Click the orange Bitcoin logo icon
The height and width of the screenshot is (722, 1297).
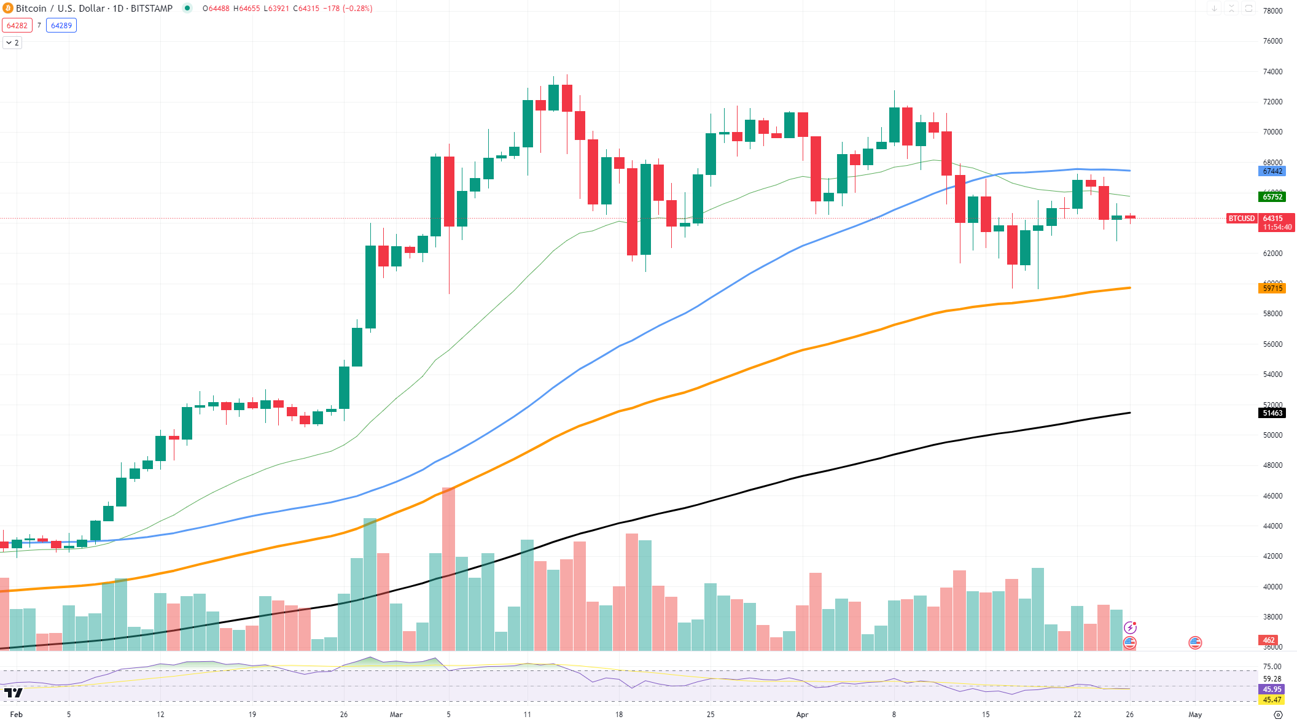pyautogui.click(x=8, y=9)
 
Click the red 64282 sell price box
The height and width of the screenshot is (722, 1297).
pyautogui.click(x=17, y=26)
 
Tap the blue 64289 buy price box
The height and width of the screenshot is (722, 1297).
pyautogui.click(x=61, y=26)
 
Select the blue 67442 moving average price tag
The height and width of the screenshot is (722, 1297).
pyautogui.click(x=1272, y=171)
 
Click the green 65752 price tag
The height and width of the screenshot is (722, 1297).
pyautogui.click(x=1272, y=197)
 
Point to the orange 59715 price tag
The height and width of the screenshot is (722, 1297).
pyautogui.click(x=1272, y=289)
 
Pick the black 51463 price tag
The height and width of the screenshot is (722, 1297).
pyautogui.click(x=1272, y=413)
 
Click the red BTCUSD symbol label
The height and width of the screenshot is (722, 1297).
pyautogui.click(x=1241, y=219)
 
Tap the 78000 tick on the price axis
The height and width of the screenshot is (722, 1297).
pyautogui.click(x=1272, y=11)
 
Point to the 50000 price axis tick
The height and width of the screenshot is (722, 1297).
pyautogui.click(x=1272, y=435)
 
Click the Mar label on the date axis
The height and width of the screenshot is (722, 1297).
pyautogui.click(x=396, y=715)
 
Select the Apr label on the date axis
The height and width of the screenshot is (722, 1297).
pyautogui.click(x=802, y=715)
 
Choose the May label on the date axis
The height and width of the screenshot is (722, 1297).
pyautogui.click(x=1195, y=715)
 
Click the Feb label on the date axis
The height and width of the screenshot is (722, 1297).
pyautogui.click(x=17, y=715)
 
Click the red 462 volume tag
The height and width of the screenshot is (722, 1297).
pyautogui.click(x=1269, y=640)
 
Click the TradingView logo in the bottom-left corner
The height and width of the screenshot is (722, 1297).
pyautogui.click(x=13, y=693)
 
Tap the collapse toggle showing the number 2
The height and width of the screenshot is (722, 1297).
pyautogui.click(x=12, y=43)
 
